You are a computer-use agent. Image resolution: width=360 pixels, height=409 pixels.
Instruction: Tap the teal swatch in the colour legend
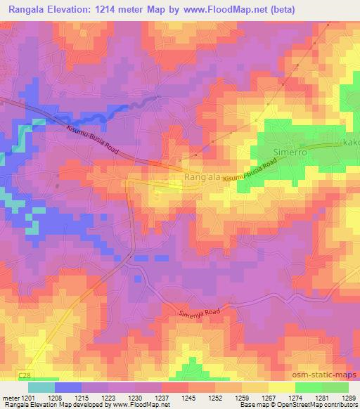coord(41,387)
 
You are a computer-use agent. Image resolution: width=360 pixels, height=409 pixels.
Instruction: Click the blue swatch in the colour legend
coord(68,387)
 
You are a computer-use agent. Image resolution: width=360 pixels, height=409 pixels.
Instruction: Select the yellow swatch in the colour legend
coord(282,387)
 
